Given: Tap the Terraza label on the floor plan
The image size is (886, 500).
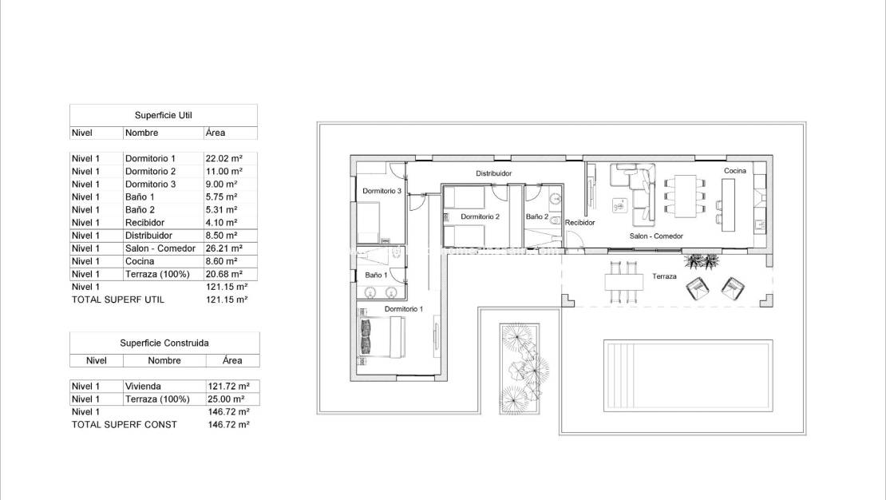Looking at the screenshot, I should [664, 276].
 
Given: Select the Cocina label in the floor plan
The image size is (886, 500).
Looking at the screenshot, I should [734, 171].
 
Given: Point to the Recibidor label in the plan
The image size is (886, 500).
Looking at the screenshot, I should [579, 223].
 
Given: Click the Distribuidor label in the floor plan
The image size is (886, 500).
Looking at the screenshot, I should [493, 173].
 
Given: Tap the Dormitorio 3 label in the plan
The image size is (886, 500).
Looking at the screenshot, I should [382, 191].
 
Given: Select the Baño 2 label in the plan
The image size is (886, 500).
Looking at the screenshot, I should [537, 216].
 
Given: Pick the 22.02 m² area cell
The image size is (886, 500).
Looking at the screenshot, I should [223, 158].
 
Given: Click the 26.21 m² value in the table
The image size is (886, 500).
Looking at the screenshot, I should [223, 248].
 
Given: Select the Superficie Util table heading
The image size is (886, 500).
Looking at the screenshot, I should [164, 115].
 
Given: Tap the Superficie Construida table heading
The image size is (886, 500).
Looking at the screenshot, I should [164, 343].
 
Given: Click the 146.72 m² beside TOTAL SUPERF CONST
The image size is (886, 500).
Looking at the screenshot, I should [227, 425].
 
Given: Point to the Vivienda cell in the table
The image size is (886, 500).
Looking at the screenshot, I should [143, 387].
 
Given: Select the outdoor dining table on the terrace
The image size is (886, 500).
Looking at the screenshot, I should [623, 282].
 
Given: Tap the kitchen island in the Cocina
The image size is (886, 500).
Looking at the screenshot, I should [727, 202].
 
